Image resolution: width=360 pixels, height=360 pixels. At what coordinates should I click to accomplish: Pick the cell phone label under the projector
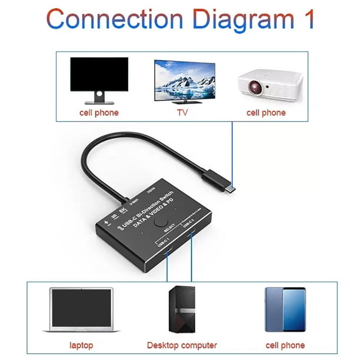pos(266,112)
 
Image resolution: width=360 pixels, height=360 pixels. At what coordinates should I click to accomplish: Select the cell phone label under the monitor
pos(98,112)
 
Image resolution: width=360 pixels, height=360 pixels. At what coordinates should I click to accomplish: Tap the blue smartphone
pos(285,310)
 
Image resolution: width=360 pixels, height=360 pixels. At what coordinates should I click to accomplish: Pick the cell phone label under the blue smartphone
pos(285,345)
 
